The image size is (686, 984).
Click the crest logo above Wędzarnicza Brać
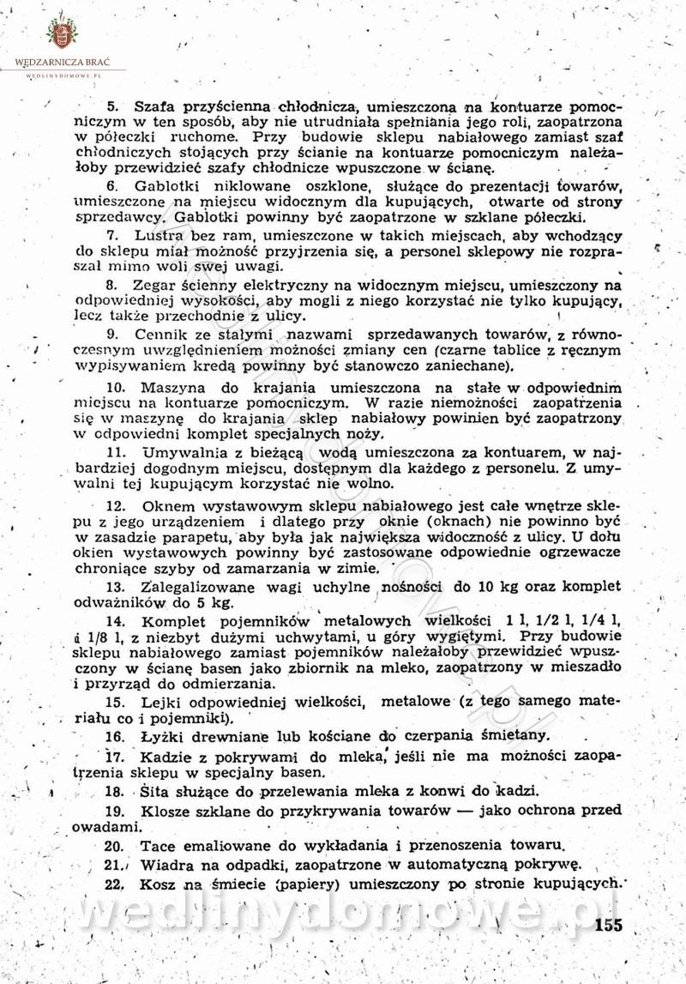coord(60,33)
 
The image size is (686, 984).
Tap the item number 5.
coord(111,106)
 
